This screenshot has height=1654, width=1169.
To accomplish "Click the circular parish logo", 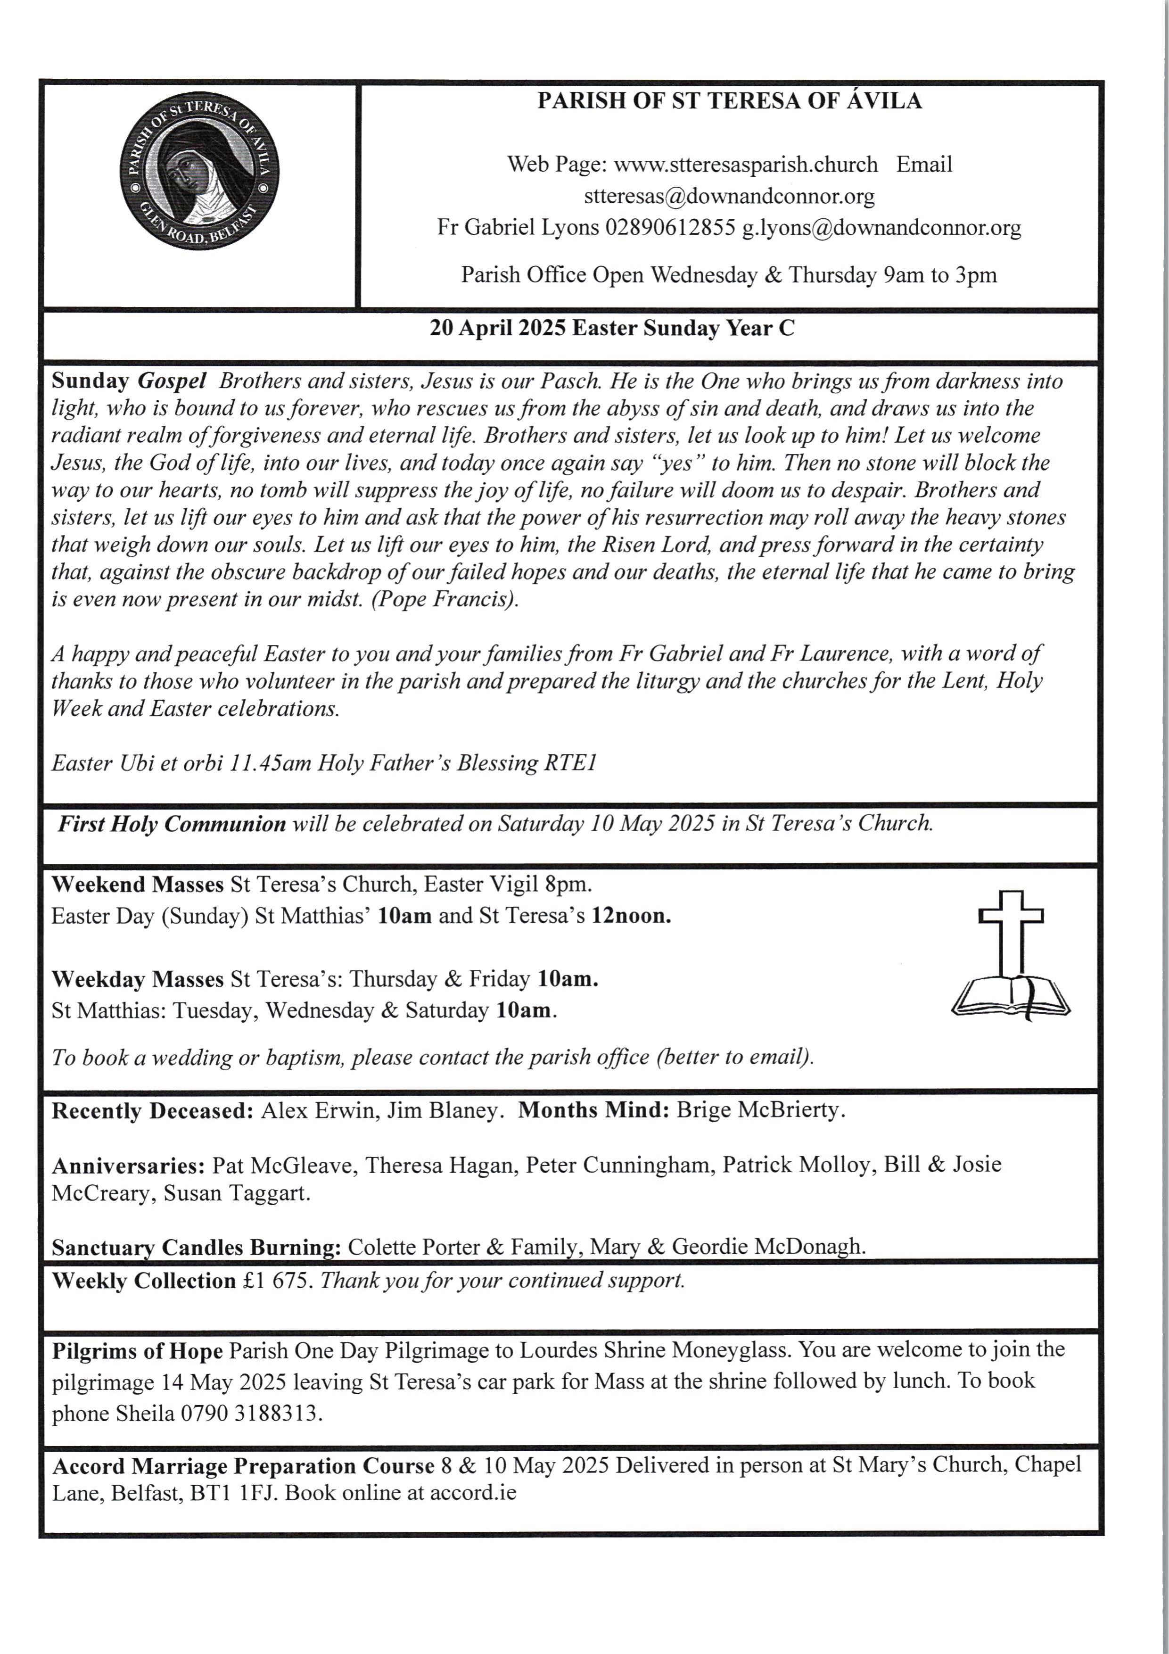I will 199,172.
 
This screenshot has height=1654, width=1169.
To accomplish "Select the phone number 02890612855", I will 670,228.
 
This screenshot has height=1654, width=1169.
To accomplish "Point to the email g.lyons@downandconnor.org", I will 881,228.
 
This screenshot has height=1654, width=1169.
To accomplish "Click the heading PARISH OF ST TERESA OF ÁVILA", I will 729,101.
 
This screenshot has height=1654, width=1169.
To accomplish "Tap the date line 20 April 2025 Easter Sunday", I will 612,329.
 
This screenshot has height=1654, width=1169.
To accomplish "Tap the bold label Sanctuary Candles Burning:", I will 196,1247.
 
